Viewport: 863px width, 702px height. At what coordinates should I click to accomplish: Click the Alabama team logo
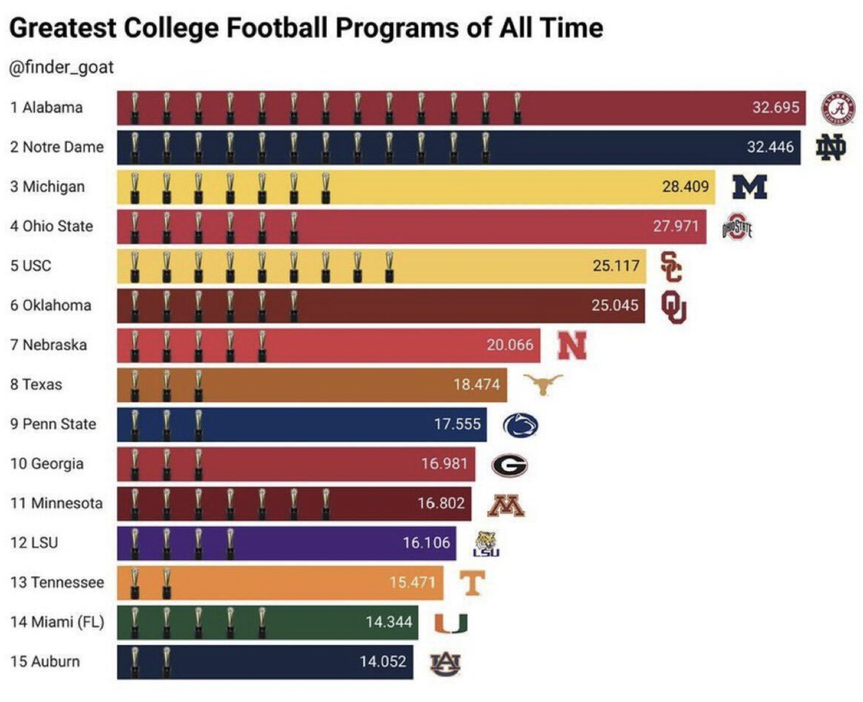pos(838,107)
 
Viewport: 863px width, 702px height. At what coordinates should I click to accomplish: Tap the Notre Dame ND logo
pos(831,148)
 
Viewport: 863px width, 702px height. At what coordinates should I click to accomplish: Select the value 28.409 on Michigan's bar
pos(685,187)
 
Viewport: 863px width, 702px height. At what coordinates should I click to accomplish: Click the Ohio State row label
pos(52,226)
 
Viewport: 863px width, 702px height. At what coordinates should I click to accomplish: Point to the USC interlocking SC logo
pos(671,266)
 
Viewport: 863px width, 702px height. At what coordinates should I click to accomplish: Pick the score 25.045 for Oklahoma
pos(615,305)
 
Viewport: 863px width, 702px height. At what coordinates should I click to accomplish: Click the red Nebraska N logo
pos(572,345)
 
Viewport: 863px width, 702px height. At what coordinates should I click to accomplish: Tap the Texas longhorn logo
pos(543,384)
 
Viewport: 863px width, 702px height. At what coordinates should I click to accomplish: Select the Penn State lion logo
pos(520,425)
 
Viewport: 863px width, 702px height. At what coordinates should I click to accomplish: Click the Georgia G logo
pos(509,465)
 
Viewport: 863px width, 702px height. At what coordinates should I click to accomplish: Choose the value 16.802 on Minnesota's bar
pos(441,503)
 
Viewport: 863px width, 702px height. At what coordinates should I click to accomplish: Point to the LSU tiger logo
pos(487,543)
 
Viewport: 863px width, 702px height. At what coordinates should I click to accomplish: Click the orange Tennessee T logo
pos(472,583)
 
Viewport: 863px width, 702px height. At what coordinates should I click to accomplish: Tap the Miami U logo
pos(451,623)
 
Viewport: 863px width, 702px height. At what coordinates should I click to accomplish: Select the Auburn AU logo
pos(445,663)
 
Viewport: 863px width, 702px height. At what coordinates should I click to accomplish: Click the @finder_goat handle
pos(62,68)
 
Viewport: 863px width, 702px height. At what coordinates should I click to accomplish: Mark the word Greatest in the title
pos(62,28)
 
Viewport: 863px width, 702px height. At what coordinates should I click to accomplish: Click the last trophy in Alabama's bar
pos(517,108)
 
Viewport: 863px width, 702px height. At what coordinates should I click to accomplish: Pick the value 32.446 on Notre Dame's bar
pos(770,147)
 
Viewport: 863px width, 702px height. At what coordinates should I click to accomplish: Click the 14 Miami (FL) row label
pos(57,622)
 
